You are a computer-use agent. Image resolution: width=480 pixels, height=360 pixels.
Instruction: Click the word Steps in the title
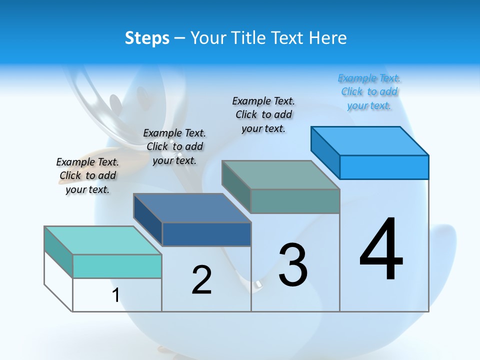tap(146, 38)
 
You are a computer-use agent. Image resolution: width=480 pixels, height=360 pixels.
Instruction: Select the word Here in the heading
tap(328, 38)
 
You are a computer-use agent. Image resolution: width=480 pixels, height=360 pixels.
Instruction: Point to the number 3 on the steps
tap(293, 265)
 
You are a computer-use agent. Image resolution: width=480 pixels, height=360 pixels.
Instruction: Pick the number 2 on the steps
tap(201, 280)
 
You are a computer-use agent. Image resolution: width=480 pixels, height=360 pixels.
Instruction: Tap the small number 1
tap(115, 295)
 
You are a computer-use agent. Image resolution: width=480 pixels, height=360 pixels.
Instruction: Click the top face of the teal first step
tap(102, 240)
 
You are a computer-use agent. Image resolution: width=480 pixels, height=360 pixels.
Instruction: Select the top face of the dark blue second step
tap(192, 208)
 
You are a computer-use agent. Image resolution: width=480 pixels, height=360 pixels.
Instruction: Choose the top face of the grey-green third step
tap(280, 175)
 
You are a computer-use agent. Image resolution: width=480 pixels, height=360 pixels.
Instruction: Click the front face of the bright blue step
tap(384, 167)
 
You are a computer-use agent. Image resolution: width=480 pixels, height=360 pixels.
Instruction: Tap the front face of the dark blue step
tap(206, 234)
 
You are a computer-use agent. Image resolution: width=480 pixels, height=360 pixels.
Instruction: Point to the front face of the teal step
tap(117, 266)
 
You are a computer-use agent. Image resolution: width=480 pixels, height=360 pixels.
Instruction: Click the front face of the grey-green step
tap(295, 201)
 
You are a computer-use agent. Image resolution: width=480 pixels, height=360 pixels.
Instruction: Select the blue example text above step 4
tap(369, 92)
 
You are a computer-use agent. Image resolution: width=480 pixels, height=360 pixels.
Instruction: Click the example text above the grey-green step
tap(263, 114)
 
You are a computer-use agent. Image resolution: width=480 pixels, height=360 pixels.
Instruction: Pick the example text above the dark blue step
tap(174, 146)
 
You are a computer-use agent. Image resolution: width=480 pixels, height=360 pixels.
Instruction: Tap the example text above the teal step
tap(87, 175)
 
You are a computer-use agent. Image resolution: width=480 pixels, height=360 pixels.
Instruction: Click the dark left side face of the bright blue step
tap(325, 152)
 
